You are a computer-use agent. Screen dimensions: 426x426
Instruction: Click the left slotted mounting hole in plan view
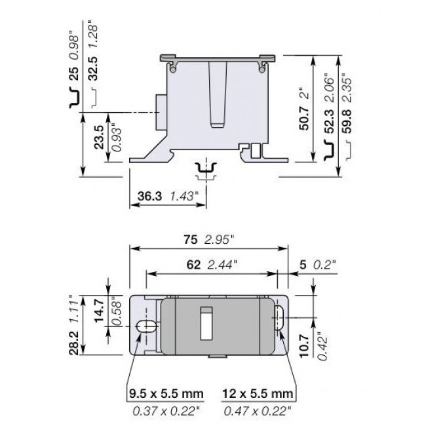145,326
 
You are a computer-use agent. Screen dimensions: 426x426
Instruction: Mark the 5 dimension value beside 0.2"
301,265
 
